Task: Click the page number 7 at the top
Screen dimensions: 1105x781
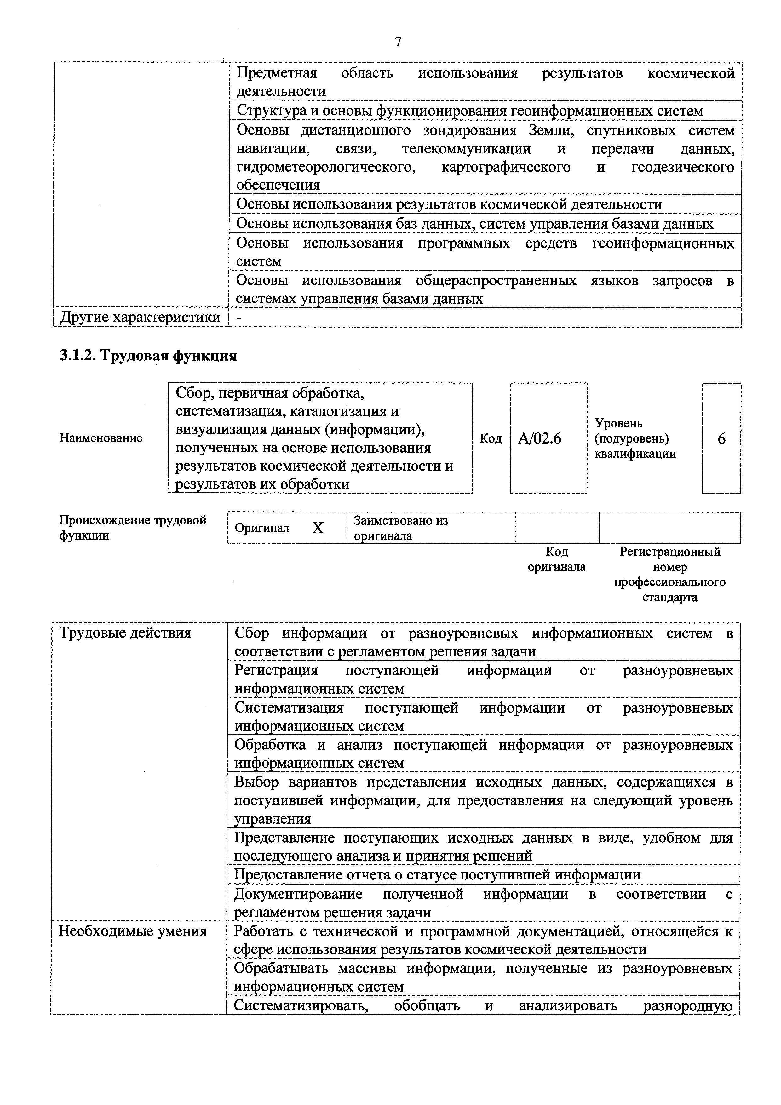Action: (x=398, y=42)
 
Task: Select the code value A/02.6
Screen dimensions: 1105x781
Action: (x=539, y=438)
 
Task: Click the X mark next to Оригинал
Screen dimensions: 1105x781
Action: (x=318, y=528)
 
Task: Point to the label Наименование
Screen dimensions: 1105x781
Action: (x=101, y=438)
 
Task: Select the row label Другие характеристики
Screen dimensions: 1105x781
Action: (x=140, y=317)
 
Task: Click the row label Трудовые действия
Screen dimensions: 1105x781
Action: (x=125, y=633)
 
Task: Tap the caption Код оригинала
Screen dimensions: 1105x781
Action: (x=557, y=559)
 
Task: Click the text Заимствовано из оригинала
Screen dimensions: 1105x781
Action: (x=400, y=528)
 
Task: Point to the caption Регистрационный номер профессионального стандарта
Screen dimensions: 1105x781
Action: (x=669, y=574)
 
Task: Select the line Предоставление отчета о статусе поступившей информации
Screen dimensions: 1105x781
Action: (x=437, y=874)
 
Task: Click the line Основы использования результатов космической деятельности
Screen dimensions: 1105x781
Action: (x=449, y=204)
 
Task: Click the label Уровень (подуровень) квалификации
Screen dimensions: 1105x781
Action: (x=635, y=438)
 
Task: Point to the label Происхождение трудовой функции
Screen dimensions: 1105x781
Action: (x=133, y=528)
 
